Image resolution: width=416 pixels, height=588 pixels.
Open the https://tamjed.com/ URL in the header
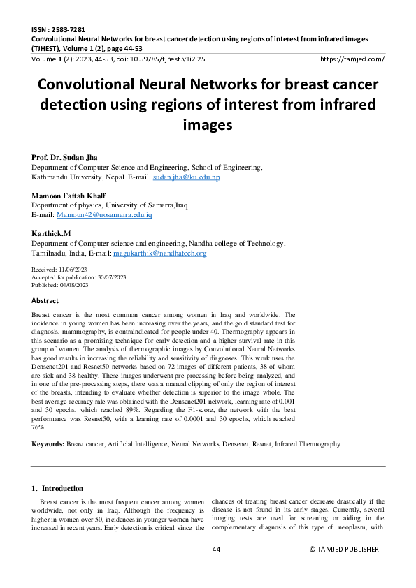point(351,59)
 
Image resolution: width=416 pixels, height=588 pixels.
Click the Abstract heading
point(45,300)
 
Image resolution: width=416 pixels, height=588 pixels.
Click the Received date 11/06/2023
point(74,269)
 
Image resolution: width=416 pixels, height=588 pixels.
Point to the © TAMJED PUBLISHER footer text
point(343,550)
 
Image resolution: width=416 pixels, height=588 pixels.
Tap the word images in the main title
point(207,126)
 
